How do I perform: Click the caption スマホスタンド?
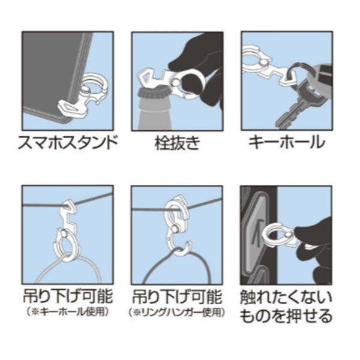[68, 143]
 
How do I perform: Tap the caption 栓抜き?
[177, 143]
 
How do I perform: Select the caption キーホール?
[287, 143]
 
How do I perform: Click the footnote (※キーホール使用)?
[67, 312]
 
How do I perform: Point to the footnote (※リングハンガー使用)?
[177, 312]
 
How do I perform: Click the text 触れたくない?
[286, 298]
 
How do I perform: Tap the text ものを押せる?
[286, 316]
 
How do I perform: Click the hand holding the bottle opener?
[197, 69]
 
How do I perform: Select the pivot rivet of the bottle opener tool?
[176, 81]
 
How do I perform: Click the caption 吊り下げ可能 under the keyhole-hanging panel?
[68, 296]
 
